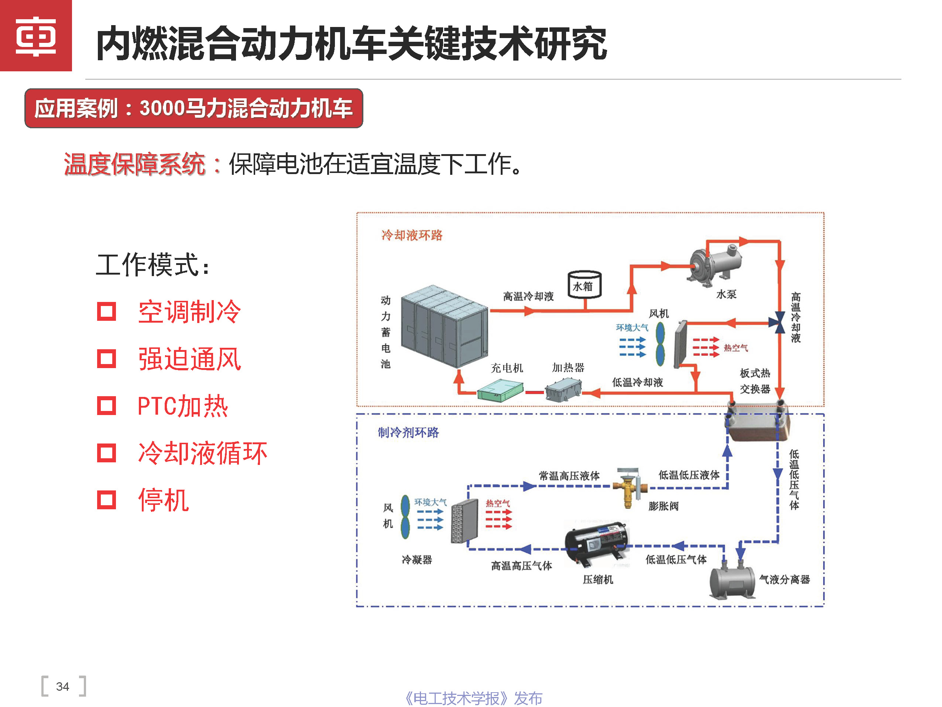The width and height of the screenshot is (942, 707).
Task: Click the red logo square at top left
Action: tap(36, 36)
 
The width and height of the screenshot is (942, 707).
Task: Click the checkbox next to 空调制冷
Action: tap(106, 312)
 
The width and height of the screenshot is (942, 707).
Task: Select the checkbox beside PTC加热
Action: tap(106, 406)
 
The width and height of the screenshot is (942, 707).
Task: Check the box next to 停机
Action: tap(106, 500)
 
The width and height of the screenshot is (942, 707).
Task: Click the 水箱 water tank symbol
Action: tap(584, 285)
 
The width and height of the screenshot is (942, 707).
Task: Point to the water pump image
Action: tap(715, 261)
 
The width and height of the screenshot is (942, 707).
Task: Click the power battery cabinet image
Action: tap(444, 326)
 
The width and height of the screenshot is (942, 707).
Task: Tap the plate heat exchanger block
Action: tap(757, 424)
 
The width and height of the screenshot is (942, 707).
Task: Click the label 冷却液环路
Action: tap(411, 235)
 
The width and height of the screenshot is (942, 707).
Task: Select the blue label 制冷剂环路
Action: tap(408, 432)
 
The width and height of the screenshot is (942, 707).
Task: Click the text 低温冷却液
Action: tap(637, 382)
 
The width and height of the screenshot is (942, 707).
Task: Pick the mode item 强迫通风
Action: tap(189, 359)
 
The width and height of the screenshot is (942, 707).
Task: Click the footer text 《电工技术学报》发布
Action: tap(473, 698)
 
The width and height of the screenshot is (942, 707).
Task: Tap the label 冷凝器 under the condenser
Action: tap(417, 560)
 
